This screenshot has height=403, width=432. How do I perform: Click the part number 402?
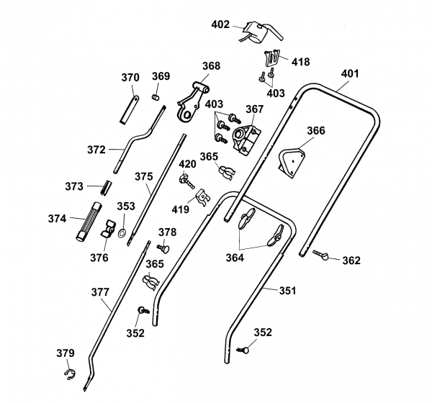pyautogui.click(x=221, y=24)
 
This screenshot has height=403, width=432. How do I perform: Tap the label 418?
pyautogui.click(x=300, y=62)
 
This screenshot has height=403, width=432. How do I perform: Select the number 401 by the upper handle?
pyautogui.click(x=349, y=73)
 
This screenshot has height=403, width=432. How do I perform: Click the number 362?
pyautogui.click(x=351, y=261)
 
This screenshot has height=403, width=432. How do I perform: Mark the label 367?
pyautogui.click(x=255, y=109)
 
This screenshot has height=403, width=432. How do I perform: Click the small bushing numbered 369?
pyautogui.click(x=154, y=96)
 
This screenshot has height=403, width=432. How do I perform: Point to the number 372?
pyautogui.click(x=96, y=150)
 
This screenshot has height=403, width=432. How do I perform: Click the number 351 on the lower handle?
pyautogui.click(x=287, y=291)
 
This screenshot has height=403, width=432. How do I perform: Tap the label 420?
pyautogui.click(x=187, y=164)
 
